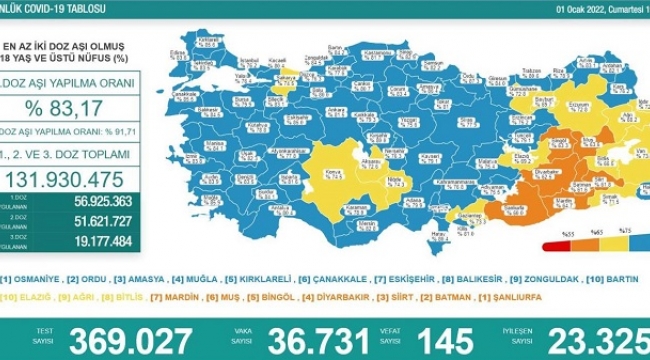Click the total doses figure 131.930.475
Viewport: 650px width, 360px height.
pyautogui.click(x=75, y=180)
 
